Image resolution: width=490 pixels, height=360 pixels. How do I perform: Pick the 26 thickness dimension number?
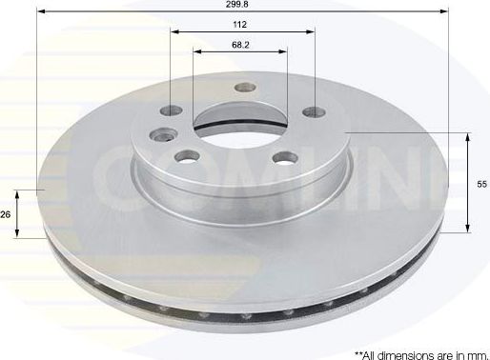click(x=6, y=215)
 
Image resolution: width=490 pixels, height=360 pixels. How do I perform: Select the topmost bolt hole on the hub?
click(x=243, y=88)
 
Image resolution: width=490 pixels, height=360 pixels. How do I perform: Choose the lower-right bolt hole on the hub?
click(x=283, y=159)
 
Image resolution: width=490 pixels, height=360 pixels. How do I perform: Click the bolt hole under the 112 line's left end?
click(x=173, y=111)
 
